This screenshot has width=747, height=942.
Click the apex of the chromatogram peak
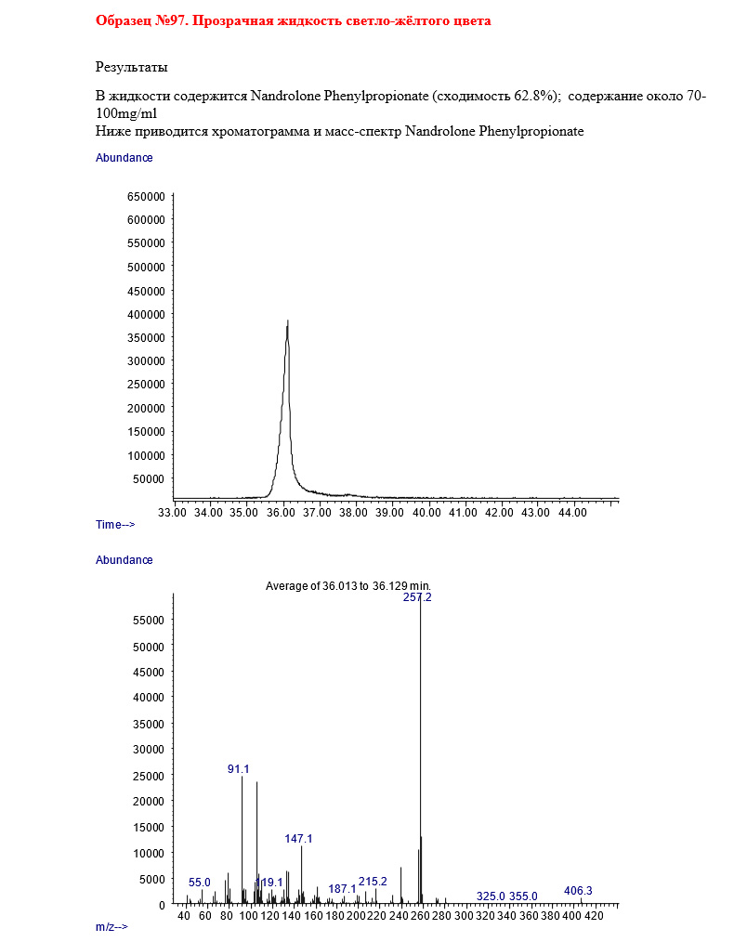(288, 321)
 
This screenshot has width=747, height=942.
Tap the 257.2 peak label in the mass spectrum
(417, 597)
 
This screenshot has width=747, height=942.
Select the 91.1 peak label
(239, 769)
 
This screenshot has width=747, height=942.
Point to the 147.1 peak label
(298, 839)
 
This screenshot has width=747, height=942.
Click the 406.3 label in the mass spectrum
(578, 891)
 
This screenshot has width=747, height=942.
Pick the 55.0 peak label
(200, 883)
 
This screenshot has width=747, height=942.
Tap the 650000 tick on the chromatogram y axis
(146, 197)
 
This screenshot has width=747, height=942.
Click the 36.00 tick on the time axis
(282, 512)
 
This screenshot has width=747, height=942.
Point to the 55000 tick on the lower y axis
(149, 621)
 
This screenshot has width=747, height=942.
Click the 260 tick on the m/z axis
(421, 917)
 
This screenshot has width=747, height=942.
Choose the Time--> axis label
(115, 525)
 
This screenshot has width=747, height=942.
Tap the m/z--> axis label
(111, 927)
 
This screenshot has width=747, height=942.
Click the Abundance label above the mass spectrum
(124, 560)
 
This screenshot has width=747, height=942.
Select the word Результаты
(132, 67)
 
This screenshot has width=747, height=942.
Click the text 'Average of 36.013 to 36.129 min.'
(348, 585)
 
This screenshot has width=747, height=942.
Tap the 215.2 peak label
(373, 882)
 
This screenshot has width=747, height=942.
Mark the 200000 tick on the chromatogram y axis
(146, 408)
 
